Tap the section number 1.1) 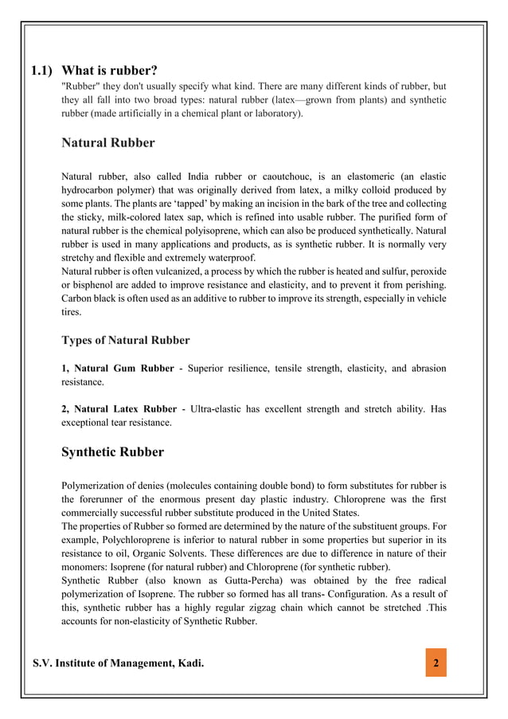pos(42,70)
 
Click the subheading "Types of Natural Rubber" pos(126,340)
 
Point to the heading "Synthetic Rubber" pos(112,452)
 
